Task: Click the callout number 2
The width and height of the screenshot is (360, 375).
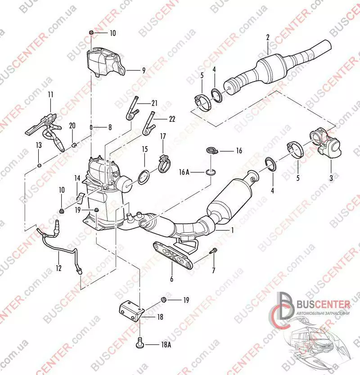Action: pyautogui.click(x=268, y=37)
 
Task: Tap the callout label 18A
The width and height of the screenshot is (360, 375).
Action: pyautogui.click(x=166, y=345)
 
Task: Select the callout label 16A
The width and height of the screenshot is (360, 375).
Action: pyautogui.click(x=184, y=172)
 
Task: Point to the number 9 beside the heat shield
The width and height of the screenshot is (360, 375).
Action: pyautogui.click(x=144, y=71)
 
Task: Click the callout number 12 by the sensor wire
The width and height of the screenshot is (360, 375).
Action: pyautogui.click(x=58, y=268)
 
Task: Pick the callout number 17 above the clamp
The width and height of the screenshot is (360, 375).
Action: pyautogui.click(x=163, y=136)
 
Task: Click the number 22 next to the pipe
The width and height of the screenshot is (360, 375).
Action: pyautogui.click(x=172, y=119)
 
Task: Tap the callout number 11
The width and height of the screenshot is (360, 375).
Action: pyautogui.click(x=50, y=95)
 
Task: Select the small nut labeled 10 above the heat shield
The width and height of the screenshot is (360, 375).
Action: pyautogui.click(x=91, y=32)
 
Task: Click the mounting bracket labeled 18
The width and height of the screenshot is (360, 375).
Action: pyautogui.click(x=131, y=311)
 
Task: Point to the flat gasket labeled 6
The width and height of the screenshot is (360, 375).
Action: pyautogui.click(x=173, y=255)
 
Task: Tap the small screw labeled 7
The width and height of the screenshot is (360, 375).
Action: pyautogui.click(x=213, y=251)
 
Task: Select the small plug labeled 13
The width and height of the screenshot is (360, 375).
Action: pyautogui.click(x=40, y=165)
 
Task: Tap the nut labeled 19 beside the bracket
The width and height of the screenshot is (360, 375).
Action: pyautogui.click(x=164, y=299)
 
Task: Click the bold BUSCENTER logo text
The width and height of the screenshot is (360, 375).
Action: pyautogui.click(x=323, y=304)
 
